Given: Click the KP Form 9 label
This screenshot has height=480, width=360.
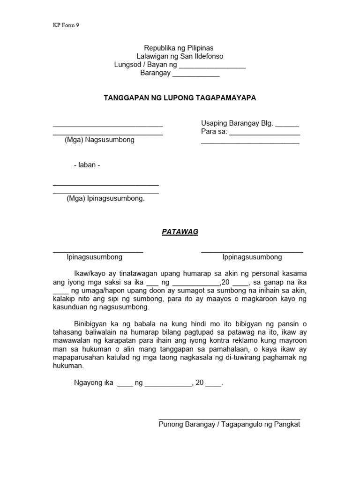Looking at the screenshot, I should [x=66, y=26].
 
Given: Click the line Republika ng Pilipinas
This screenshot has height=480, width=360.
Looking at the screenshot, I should [x=180, y=48].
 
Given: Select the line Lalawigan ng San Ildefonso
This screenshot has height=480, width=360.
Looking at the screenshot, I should [x=180, y=56].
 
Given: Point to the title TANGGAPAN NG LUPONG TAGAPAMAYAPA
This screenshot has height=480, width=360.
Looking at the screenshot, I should [x=180, y=97].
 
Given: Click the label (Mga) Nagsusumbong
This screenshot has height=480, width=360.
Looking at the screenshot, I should [x=99, y=140].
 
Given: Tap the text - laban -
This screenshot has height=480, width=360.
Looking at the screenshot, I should [x=87, y=165].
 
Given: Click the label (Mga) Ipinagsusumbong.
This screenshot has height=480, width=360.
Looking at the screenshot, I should [x=105, y=198].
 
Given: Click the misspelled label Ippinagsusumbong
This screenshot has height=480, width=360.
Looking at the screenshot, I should [x=252, y=257].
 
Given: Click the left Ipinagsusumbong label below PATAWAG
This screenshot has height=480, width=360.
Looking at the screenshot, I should [x=95, y=257].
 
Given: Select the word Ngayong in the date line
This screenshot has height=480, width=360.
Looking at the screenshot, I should [x=87, y=382].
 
